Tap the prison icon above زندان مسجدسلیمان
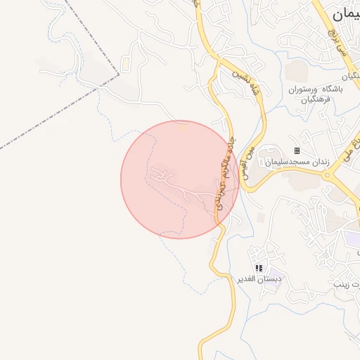tap(297, 150)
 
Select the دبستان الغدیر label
tap(259, 278)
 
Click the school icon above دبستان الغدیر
tap(259, 268)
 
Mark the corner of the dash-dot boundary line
tap(119, 73)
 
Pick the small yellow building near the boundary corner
tap(125, 65)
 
